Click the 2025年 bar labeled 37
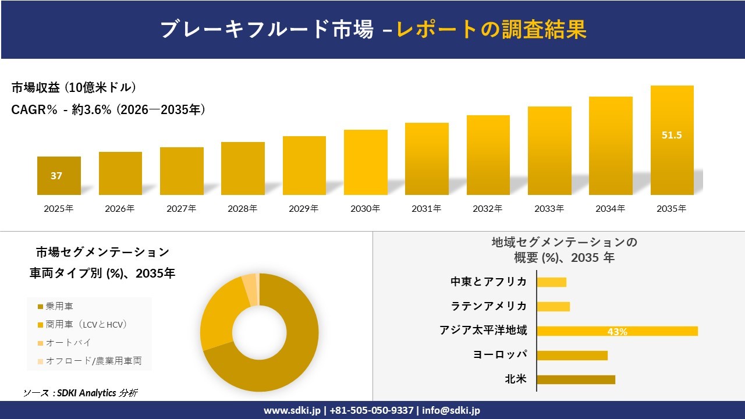(x=59, y=176)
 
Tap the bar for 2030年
(x=366, y=162)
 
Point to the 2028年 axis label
(x=242, y=208)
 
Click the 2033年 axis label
(x=549, y=208)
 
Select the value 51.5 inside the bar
(x=672, y=135)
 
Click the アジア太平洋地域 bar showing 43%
(x=617, y=331)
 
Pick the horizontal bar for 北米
(x=576, y=379)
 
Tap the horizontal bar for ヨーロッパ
(x=572, y=355)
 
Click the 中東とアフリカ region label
(x=489, y=282)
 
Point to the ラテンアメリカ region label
(x=489, y=306)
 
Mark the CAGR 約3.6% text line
(x=108, y=110)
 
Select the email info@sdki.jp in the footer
(x=451, y=410)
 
